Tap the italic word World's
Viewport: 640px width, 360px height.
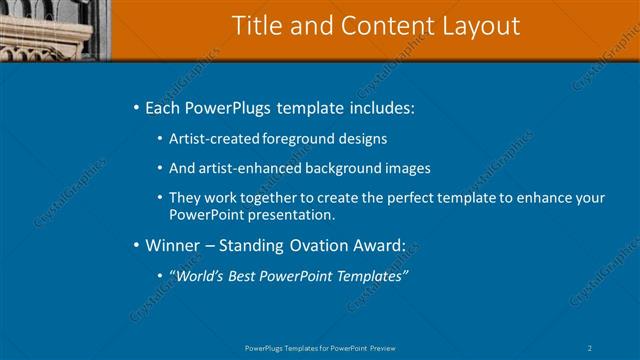click(x=198, y=276)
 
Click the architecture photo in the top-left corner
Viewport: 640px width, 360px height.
click(x=55, y=28)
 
